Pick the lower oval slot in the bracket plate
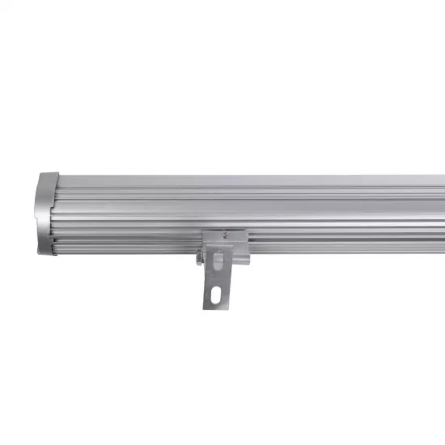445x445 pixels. [215, 295]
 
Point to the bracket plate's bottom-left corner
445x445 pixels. [204, 307]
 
